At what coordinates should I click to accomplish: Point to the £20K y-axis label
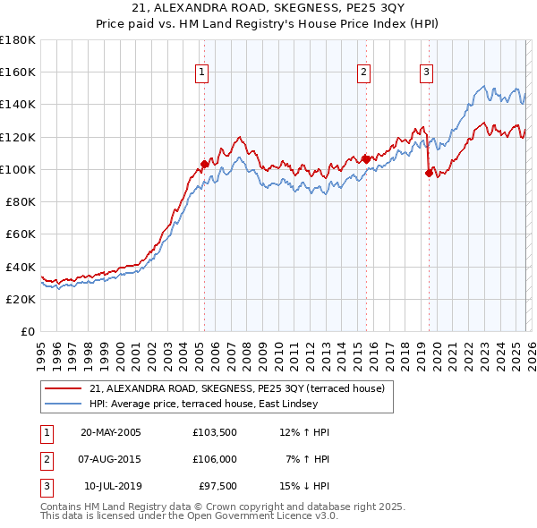(x=21, y=300)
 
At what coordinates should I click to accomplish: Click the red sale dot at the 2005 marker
(x=204, y=164)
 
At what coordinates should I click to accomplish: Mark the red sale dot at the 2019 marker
(x=429, y=174)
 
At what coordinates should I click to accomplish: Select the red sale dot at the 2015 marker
(x=366, y=159)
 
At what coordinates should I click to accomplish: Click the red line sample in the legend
(x=64, y=388)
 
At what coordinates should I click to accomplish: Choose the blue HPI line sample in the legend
(x=64, y=404)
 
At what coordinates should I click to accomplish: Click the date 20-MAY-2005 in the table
(x=111, y=432)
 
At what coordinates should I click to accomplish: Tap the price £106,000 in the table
(x=214, y=459)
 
